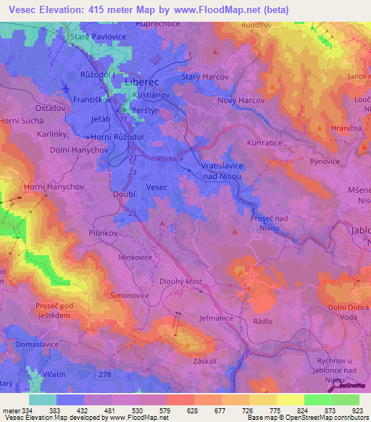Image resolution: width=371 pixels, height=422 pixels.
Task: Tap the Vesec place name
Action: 157,187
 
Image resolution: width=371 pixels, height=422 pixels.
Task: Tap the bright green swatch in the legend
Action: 317,400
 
